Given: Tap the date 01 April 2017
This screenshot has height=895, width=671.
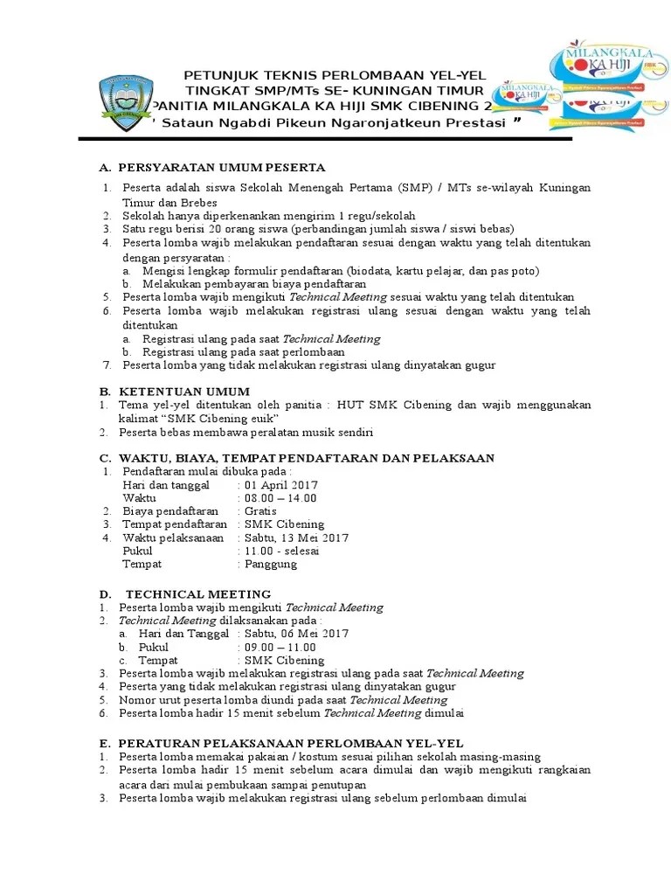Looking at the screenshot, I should click(281, 485).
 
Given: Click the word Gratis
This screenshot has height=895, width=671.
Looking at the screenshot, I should click(260, 511).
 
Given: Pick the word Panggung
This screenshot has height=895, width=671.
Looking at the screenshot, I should click(271, 564).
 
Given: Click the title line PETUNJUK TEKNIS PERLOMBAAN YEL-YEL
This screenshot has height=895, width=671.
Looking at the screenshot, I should click(335, 75).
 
